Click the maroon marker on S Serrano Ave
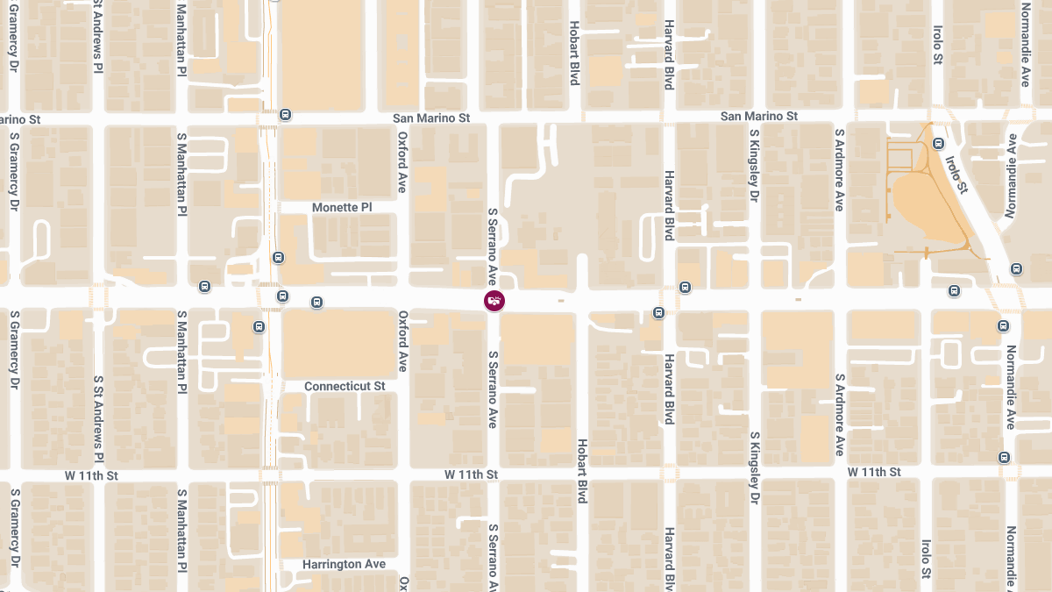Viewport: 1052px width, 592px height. click(x=494, y=301)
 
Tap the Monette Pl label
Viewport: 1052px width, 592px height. click(x=342, y=208)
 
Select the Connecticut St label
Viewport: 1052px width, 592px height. click(x=345, y=387)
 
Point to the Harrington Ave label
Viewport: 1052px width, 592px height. click(x=345, y=564)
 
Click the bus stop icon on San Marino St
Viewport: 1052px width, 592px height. click(x=285, y=115)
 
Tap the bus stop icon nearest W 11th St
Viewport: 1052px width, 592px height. click(x=1004, y=457)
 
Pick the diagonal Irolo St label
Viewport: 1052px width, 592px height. click(x=956, y=175)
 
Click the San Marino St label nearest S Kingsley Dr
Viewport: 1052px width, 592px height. click(x=758, y=116)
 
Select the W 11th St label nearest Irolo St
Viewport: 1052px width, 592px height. click(x=874, y=472)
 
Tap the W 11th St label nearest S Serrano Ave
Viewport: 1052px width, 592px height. click(x=471, y=474)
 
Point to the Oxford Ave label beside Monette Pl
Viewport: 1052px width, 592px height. click(x=402, y=162)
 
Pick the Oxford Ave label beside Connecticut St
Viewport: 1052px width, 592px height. click(x=403, y=341)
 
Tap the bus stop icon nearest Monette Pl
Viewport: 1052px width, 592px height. click(x=278, y=257)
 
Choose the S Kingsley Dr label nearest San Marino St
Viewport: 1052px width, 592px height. click(x=754, y=165)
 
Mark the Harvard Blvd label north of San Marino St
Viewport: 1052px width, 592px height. click(x=669, y=48)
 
